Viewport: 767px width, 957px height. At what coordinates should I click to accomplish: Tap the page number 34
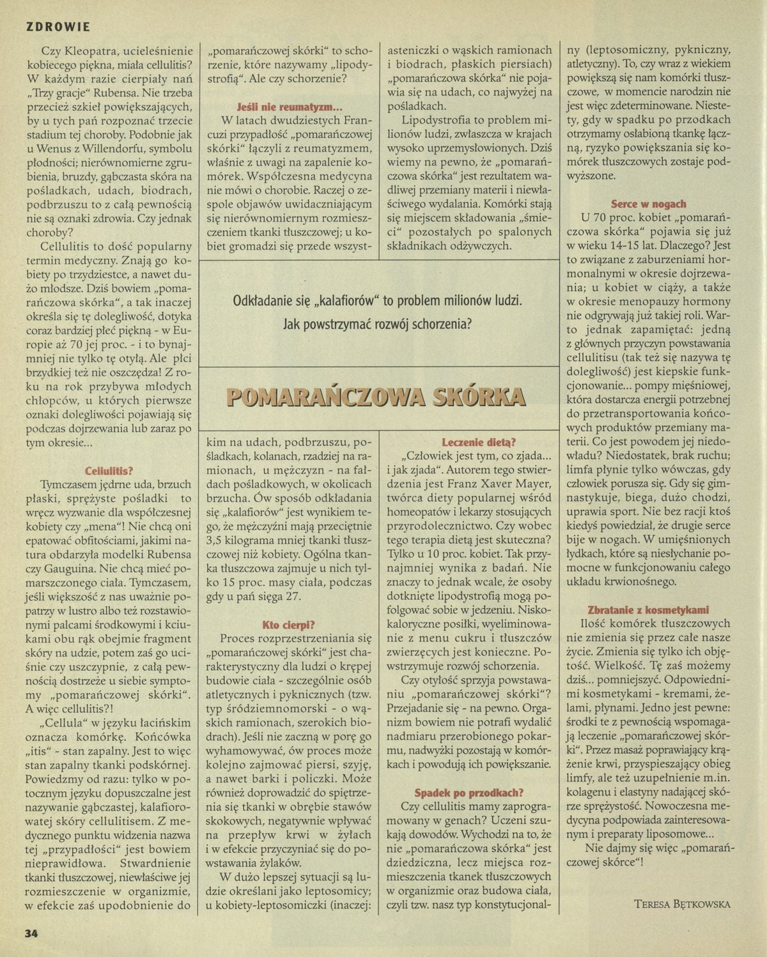coord(32,933)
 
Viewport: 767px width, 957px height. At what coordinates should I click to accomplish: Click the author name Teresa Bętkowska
coord(682,903)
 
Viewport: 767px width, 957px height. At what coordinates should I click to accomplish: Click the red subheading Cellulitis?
coord(109,470)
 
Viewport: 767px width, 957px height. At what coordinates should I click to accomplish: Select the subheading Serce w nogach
coord(648,204)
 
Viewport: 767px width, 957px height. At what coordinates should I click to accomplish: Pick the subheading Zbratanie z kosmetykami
coord(648,609)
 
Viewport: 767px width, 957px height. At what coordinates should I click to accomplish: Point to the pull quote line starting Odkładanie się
coord(377,300)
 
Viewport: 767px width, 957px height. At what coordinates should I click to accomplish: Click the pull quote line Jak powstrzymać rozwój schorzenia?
coord(377,324)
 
